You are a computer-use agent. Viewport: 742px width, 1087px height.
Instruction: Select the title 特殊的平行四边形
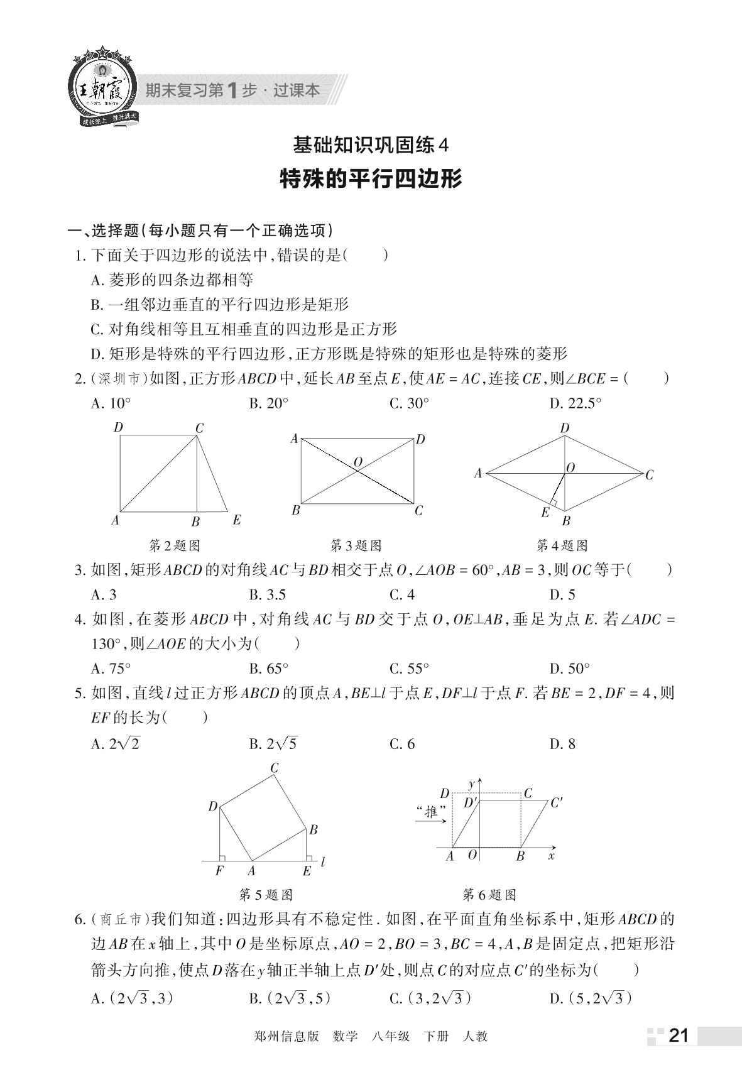click(371, 179)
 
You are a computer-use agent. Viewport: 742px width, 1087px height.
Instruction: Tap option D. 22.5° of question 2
click(575, 403)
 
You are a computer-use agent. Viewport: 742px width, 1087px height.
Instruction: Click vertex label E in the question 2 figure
click(236, 520)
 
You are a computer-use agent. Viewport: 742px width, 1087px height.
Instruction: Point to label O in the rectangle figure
click(358, 462)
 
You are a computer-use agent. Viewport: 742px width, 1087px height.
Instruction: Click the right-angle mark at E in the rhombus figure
click(553, 502)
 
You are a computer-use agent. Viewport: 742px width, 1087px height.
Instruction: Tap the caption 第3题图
click(356, 545)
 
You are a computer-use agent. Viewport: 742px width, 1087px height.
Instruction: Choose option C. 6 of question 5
click(402, 744)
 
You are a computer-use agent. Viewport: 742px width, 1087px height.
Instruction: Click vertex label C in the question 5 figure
click(275, 768)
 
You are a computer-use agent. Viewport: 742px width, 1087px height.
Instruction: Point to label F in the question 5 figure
click(219, 871)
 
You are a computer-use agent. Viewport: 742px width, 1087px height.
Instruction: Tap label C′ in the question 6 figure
click(556, 802)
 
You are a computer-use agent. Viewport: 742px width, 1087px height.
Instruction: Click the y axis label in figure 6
click(471, 784)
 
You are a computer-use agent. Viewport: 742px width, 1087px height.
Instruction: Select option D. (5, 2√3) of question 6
click(590, 998)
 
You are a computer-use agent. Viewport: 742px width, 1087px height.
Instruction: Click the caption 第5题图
click(266, 894)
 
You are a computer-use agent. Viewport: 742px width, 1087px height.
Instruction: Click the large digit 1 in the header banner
click(232, 90)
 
